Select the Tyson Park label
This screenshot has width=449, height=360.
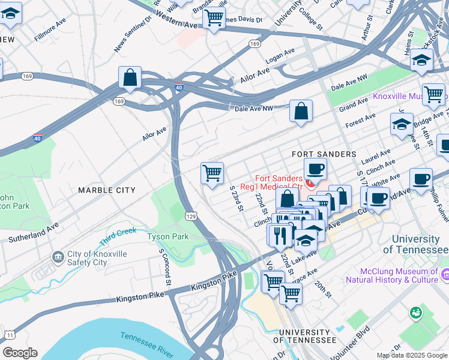(x=168, y=236)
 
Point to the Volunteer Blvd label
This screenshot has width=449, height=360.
(x=370, y=339)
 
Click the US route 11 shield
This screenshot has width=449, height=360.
(x=10, y=334)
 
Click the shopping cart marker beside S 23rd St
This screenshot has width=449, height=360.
(x=212, y=173)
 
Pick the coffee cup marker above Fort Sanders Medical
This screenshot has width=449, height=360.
(x=315, y=169)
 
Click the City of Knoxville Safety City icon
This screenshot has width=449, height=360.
(x=58, y=258)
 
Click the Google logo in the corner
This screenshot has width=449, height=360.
(x=20, y=353)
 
